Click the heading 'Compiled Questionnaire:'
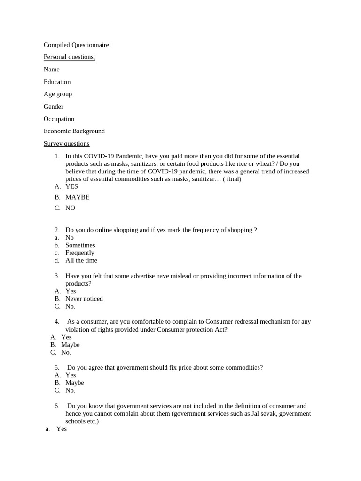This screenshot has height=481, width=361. click(77, 45)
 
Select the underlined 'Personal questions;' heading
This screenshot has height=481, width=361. click(69, 57)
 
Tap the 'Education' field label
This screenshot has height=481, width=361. click(57, 82)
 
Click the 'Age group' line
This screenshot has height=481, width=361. click(58, 94)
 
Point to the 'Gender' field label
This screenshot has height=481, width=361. click(53, 107)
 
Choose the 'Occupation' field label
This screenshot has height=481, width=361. click(59, 119)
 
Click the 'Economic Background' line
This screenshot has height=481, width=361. click(74, 132)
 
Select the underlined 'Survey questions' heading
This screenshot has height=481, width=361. click(66, 144)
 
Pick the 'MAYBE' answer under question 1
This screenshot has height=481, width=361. click(77, 197)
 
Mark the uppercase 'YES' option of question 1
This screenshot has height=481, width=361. click(72, 186)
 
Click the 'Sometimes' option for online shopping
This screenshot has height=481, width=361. click(80, 245)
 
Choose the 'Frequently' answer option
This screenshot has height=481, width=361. click(79, 253)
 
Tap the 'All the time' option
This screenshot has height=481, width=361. click(81, 260)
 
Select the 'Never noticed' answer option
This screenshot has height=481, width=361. click(84, 299)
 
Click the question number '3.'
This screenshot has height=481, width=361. click(56, 276)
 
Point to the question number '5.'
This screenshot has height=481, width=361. click(56, 368)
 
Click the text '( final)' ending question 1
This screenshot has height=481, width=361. click(232, 179)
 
